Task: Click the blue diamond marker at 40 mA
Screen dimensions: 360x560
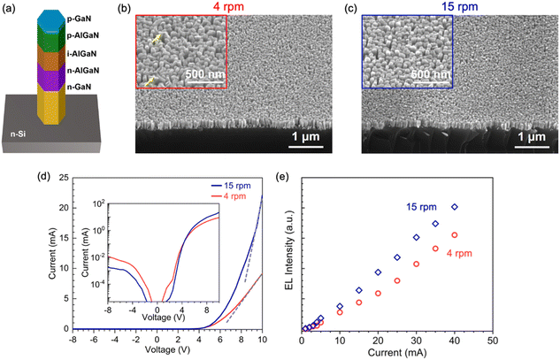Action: pos(455,207)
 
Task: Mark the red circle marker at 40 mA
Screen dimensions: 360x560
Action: pos(455,234)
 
